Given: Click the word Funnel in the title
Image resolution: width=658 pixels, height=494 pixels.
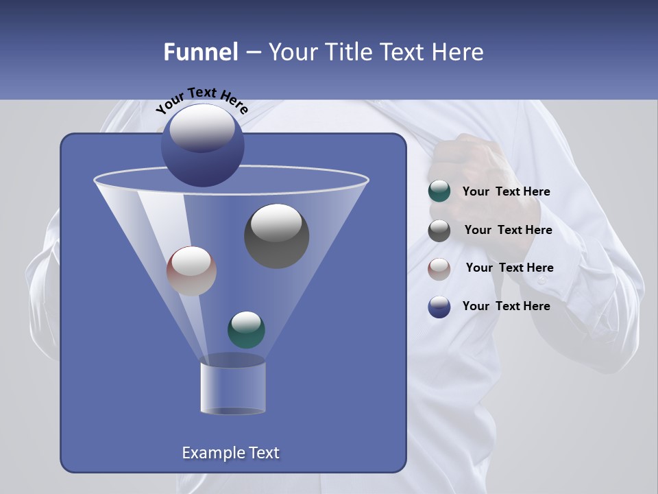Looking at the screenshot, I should coord(200,52).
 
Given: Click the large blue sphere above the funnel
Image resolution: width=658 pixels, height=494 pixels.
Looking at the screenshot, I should coord(202,145).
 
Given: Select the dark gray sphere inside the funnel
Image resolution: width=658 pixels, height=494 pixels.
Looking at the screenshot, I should coord(276,235).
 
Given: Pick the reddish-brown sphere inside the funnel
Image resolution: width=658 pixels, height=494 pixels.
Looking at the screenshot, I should coord(191,270).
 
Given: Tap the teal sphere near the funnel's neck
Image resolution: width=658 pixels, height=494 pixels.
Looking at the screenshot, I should coord(246,329).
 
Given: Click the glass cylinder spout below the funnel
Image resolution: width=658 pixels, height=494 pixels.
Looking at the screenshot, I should coord(232,388).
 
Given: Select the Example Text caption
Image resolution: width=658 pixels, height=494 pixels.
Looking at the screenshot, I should coord(230,453).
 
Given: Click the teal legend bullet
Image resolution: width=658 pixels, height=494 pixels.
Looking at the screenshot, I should coord(439,191).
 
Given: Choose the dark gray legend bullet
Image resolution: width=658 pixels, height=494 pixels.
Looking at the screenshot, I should coord(439,231).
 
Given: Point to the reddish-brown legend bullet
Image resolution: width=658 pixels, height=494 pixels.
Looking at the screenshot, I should coord(439,268).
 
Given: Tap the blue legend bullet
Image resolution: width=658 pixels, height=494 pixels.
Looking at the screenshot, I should coord(439,307).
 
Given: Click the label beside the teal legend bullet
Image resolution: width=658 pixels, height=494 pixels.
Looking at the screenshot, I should coord(506,192).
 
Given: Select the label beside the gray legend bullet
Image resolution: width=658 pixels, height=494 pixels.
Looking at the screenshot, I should coord(508,231).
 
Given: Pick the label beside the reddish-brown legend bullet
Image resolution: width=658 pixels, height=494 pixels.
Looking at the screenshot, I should coord(509,268).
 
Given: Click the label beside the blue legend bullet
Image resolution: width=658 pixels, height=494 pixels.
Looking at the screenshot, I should coord(506,306).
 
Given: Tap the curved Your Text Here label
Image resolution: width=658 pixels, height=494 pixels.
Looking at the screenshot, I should coord(202,99).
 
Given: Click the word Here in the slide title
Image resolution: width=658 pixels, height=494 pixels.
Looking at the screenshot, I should coord(455,52).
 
